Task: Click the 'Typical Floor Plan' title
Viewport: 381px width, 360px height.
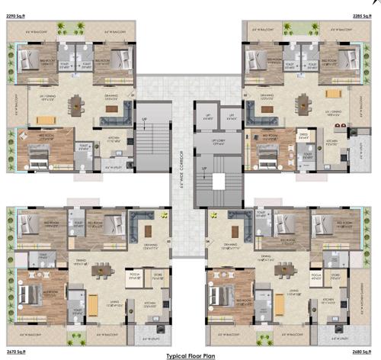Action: click(192, 355)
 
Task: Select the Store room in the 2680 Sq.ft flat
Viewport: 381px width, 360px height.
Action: click(338, 278)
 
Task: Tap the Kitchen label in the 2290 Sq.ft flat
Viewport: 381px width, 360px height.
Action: click(114, 140)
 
